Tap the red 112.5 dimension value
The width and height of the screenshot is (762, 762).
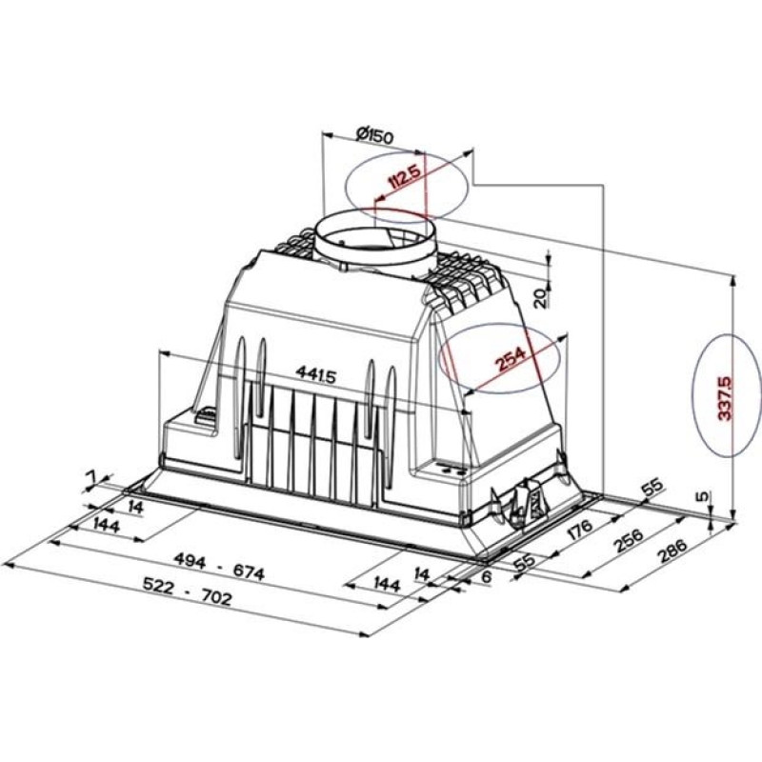click(x=405, y=177)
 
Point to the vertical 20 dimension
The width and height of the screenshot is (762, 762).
click(x=538, y=296)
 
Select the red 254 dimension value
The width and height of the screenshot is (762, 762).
click(x=511, y=361)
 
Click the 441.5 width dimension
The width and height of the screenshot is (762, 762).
click(x=315, y=375)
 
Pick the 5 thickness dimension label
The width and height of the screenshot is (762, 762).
click(x=702, y=496)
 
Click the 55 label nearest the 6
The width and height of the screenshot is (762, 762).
click(x=524, y=562)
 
